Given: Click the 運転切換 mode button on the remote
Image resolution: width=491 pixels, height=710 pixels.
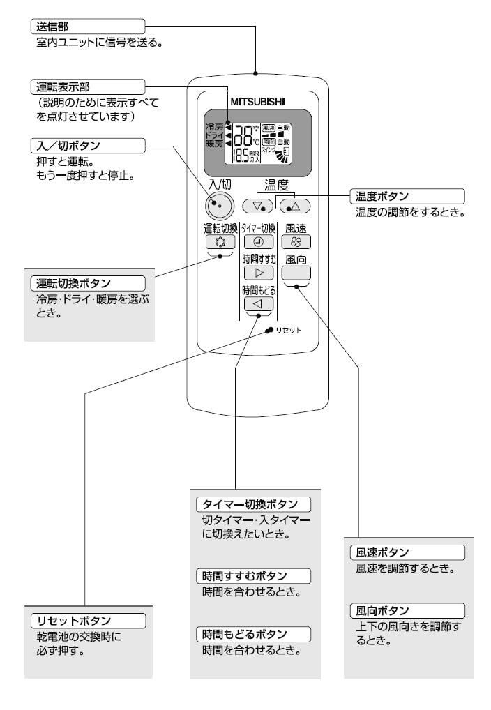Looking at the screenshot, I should coord(221,243).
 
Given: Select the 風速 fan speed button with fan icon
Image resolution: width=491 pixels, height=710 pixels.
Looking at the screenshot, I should coord(296,243).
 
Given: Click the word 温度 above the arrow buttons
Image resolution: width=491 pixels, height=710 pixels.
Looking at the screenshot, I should coord(276,185).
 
